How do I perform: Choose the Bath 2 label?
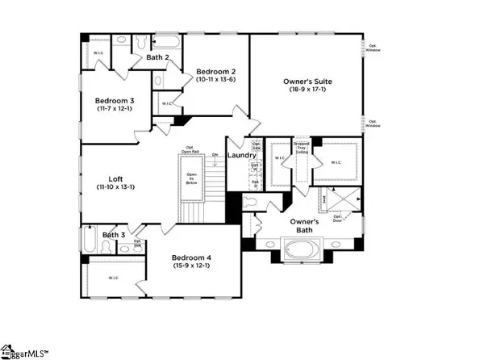click(x=157, y=57)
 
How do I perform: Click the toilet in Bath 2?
click(x=141, y=42)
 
